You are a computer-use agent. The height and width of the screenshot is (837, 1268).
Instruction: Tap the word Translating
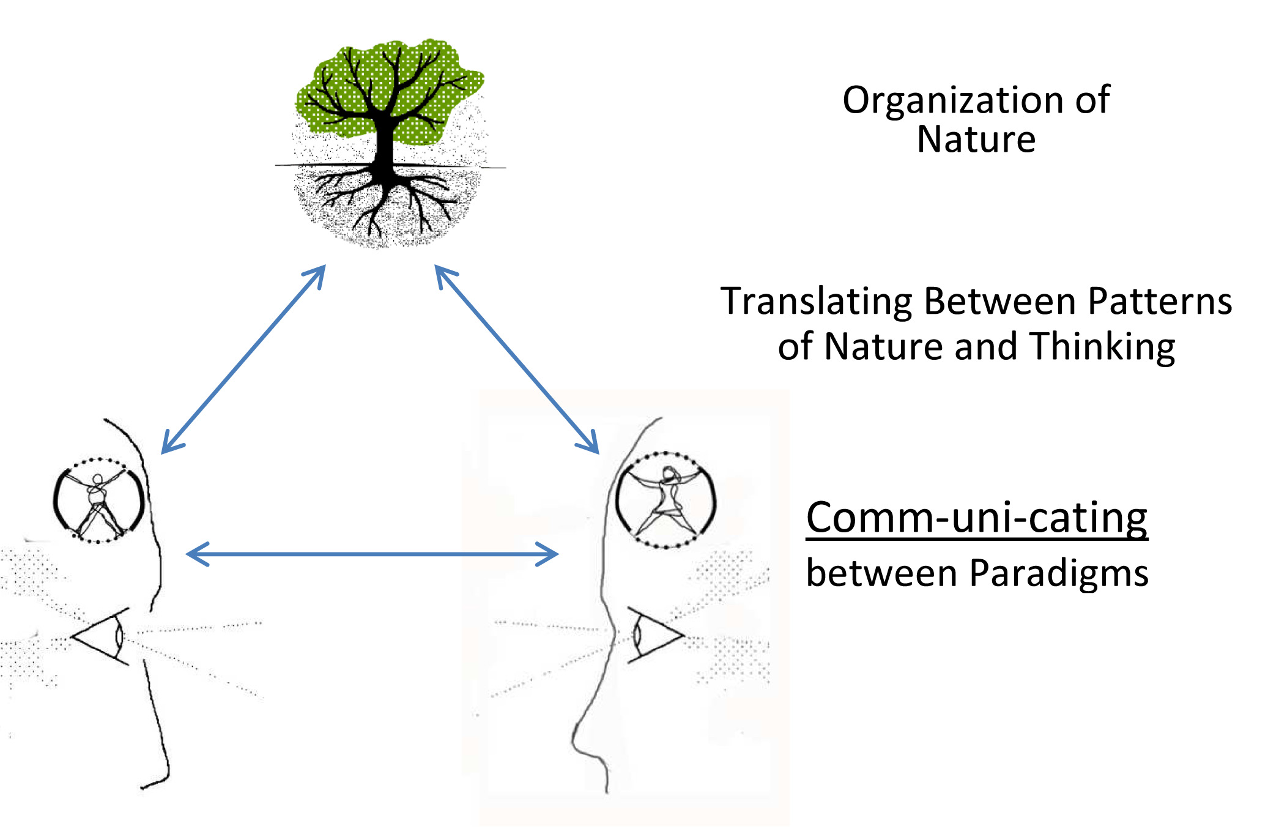(x=817, y=302)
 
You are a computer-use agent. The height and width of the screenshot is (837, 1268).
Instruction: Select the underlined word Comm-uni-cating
(x=976, y=518)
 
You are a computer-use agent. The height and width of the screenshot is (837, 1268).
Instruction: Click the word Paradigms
(x=1059, y=574)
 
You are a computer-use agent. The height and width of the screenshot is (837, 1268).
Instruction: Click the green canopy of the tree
(x=343, y=92)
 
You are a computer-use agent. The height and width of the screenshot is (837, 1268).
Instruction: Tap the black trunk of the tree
(x=384, y=144)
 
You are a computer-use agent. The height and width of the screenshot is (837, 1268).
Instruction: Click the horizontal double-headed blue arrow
(x=372, y=554)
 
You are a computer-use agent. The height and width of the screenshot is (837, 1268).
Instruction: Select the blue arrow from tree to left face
(x=243, y=359)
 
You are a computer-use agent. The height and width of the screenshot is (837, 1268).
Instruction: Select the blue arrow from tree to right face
(x=517, y=360)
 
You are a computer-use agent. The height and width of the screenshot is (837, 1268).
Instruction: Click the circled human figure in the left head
(x=98, y=500)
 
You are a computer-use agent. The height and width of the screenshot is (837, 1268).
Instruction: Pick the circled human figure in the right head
(x=665, y=499)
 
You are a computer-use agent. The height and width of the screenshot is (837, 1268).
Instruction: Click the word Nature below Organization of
(x=976, y=139)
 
